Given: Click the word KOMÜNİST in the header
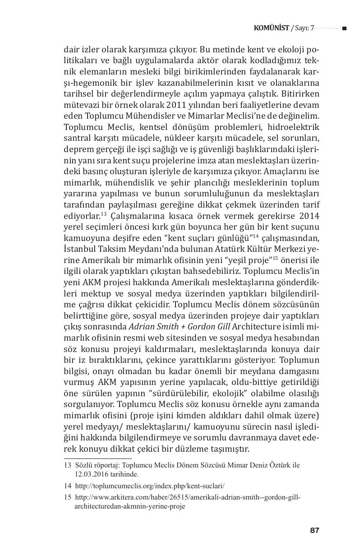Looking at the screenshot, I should pyautogui.click(x=272, y=28).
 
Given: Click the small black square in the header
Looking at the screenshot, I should pyautogui.click(x=344, y=28).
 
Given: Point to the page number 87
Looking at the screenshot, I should pyautogui.click(x=314, y=530).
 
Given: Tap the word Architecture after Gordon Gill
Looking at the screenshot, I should pyautogui.click(x=252, y=327).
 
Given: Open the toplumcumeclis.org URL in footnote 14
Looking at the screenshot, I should pyautogui.click(x=149, y=486).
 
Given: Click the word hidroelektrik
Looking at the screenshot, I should pyautogui.click(x=295, y=128).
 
